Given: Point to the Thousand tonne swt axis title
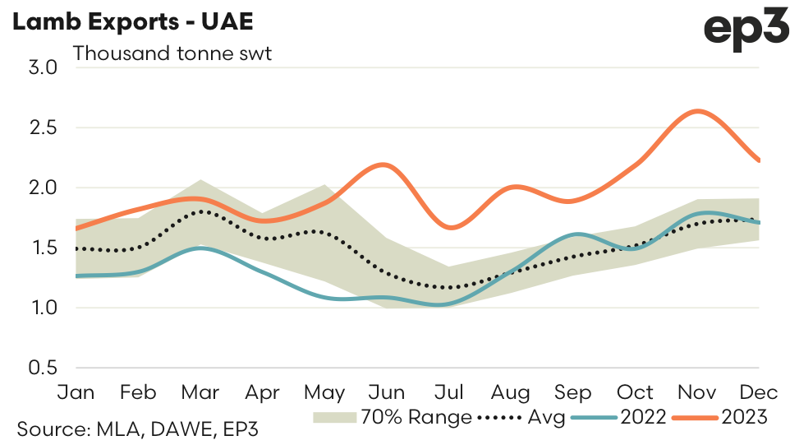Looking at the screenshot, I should point(172,53).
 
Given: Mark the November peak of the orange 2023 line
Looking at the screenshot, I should point(696,110).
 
